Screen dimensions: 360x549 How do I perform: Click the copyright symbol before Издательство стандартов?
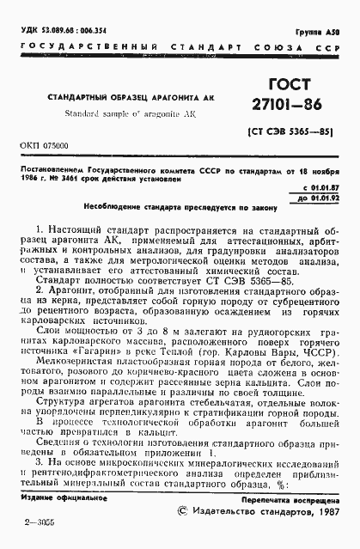point(180,511)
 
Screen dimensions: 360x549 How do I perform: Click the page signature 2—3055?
point(37,522)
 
